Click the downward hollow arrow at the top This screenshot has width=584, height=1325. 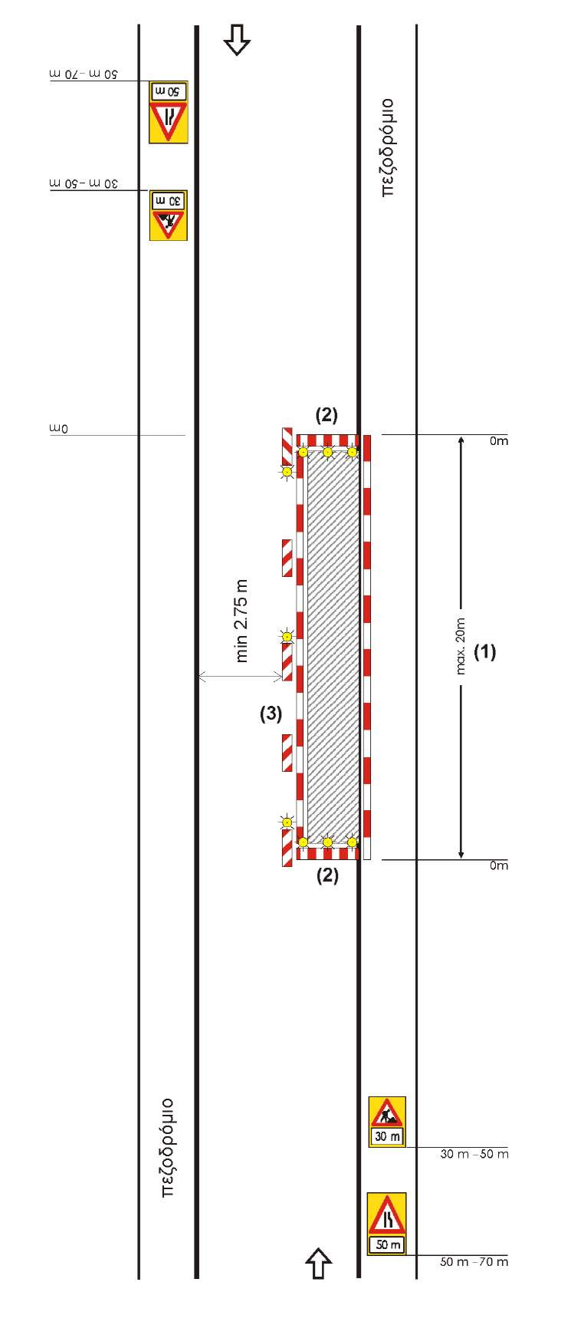[x=237, y=39]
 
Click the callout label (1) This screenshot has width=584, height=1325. [x=484, y=651]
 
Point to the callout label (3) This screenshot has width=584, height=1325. [x=271, y=714]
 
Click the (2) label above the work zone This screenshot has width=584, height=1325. [x=326, y=415]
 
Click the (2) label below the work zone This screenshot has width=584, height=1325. [x=327, y=875]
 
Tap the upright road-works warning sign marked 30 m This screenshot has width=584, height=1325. [x=387, y=1122]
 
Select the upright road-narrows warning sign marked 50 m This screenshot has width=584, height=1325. [x=386, y=1224]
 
